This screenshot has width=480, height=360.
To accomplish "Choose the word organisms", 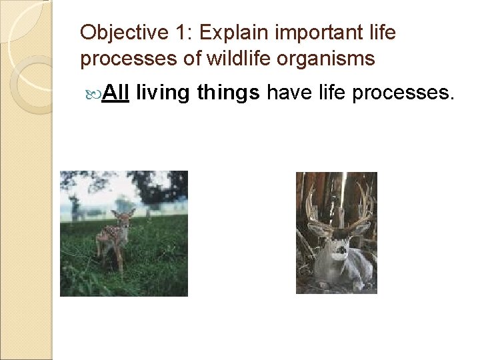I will click(329, 59).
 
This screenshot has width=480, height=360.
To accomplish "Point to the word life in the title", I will click(382, 32).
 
